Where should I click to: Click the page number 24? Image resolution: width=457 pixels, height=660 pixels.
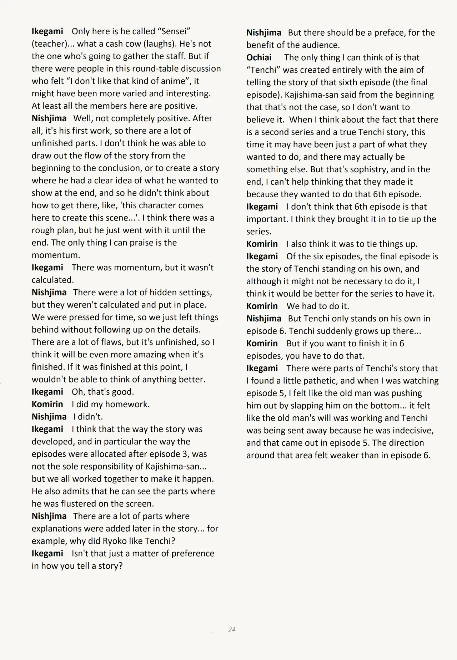coord(232,629)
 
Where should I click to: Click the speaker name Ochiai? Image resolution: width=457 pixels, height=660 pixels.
coord(259,57)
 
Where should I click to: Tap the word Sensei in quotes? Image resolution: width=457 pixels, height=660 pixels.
coord(174,31)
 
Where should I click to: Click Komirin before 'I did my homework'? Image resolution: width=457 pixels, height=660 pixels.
coord(47,404)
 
